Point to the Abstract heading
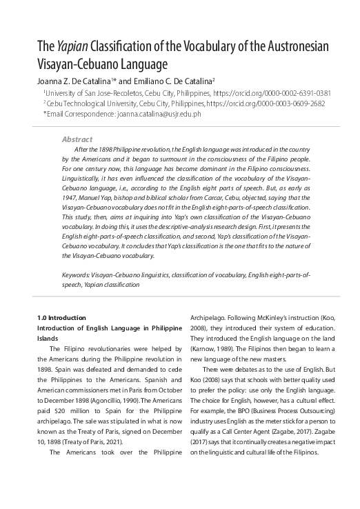(77, 139)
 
